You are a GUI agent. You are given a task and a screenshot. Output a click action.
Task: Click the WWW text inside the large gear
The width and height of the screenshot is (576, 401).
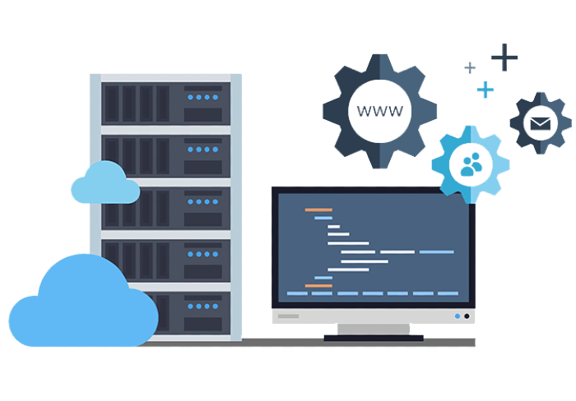pos(380,111)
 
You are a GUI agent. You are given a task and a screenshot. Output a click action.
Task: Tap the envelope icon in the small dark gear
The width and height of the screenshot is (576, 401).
pos(541,123)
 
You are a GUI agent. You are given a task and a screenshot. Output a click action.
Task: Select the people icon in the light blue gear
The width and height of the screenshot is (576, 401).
pos(471,164)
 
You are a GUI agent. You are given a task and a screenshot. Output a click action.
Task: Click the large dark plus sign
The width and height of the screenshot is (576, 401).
pos(504,58)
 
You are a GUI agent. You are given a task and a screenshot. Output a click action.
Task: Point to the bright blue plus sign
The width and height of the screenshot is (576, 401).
pos(485,90)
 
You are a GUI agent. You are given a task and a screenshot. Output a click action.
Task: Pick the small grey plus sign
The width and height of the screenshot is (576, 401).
pos(470,67)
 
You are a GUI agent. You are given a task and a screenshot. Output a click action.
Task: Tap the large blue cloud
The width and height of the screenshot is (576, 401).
pos(84,300)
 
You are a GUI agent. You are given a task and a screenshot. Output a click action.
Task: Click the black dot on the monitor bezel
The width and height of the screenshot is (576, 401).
pos(467,316)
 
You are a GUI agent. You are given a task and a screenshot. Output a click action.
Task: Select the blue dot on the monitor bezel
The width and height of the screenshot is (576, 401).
pos(458,316)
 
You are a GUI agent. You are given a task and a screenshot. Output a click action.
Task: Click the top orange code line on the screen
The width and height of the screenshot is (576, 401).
pos(318,210)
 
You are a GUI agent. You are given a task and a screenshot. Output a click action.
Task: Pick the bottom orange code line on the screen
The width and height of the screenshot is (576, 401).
pos(318,285)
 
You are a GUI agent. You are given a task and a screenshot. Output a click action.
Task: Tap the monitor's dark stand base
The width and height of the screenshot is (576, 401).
pos(374,338)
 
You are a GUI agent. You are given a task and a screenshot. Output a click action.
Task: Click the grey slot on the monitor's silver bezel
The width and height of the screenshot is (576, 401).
pos(288,316)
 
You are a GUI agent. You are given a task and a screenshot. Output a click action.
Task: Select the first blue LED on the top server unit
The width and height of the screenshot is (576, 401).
pos(190,97)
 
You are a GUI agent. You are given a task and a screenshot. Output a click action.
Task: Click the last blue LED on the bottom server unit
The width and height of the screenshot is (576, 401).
pos(216,307)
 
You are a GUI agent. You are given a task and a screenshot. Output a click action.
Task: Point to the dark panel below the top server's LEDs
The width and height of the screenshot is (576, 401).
pos(202,114)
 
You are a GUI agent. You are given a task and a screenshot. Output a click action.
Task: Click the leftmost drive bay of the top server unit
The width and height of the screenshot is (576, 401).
pos(112,104)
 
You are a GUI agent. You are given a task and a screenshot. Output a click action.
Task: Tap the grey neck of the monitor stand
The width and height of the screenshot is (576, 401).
pos(374,329)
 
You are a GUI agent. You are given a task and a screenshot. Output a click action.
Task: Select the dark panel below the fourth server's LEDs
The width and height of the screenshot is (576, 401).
pos(202,271)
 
